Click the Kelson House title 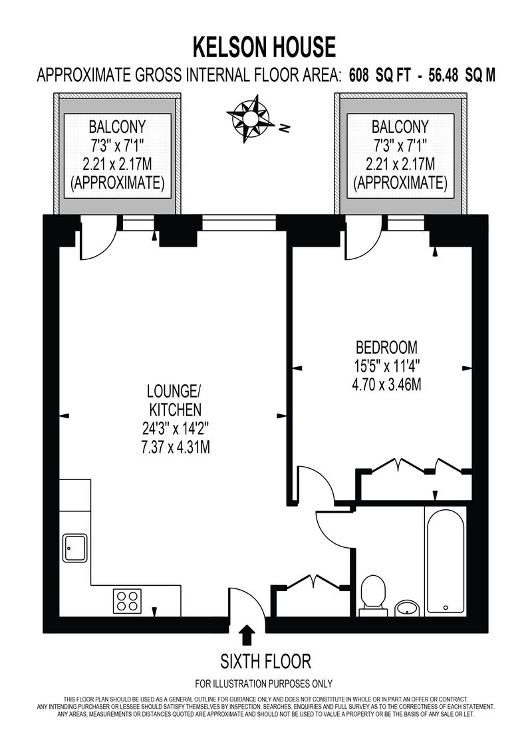264,47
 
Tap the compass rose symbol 249,118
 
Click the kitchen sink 75,548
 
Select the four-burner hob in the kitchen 128,601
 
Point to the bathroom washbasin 407,608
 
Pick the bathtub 445,562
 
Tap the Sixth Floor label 266,662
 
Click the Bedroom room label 386,347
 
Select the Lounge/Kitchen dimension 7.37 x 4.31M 176,447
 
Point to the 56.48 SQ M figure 462,75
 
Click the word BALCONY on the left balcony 117,127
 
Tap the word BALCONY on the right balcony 400,127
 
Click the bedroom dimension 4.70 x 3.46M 386,384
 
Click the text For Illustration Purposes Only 264,684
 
